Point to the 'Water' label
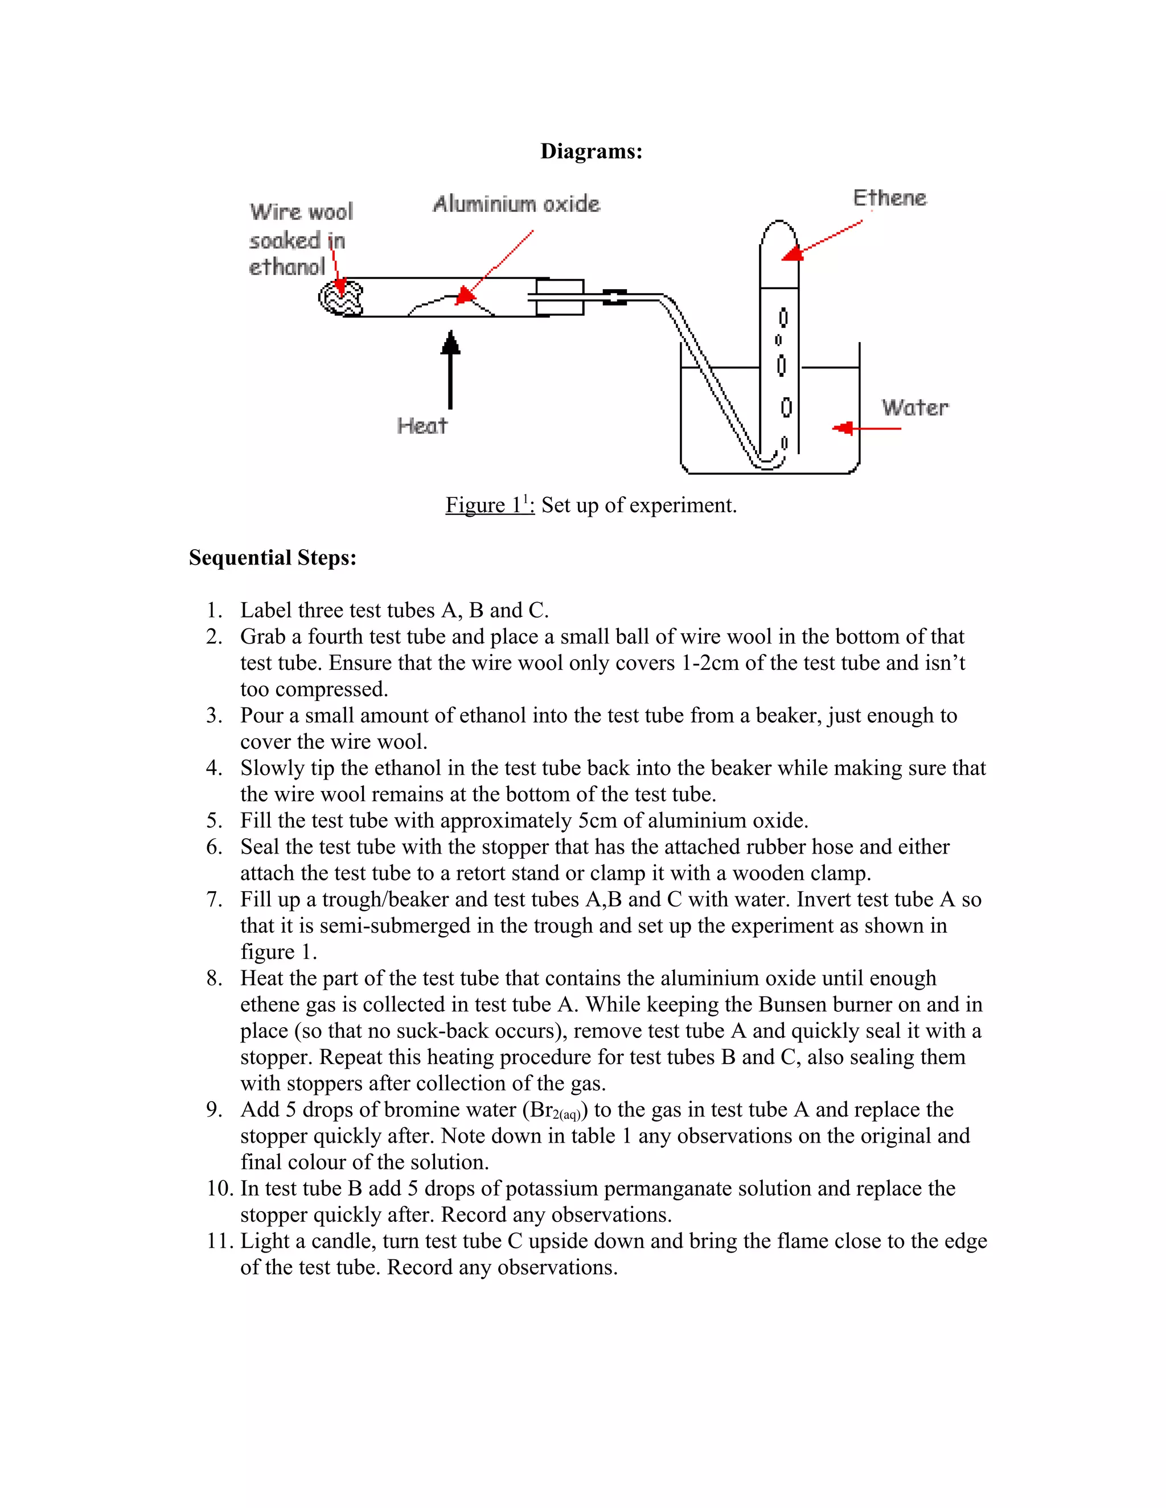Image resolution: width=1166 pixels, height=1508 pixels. click(x=914, y=407)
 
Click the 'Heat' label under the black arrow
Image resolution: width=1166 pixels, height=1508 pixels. click(x=422, y=426)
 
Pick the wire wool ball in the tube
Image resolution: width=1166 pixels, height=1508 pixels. click(x=342, y=298)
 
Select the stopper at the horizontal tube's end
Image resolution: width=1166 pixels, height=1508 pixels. click(x=560, y=297)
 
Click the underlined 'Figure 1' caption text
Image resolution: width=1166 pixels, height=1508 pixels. click(x=489, y=505)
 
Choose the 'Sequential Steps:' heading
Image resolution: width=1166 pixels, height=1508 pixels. click(x=273, y=557)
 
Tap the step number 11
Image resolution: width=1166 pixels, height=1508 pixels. click(x=220, y=1241)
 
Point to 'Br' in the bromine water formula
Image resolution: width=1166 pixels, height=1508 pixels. click(x=541, y=1110)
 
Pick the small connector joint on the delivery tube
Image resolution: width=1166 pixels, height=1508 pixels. click(x=614, y=297)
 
